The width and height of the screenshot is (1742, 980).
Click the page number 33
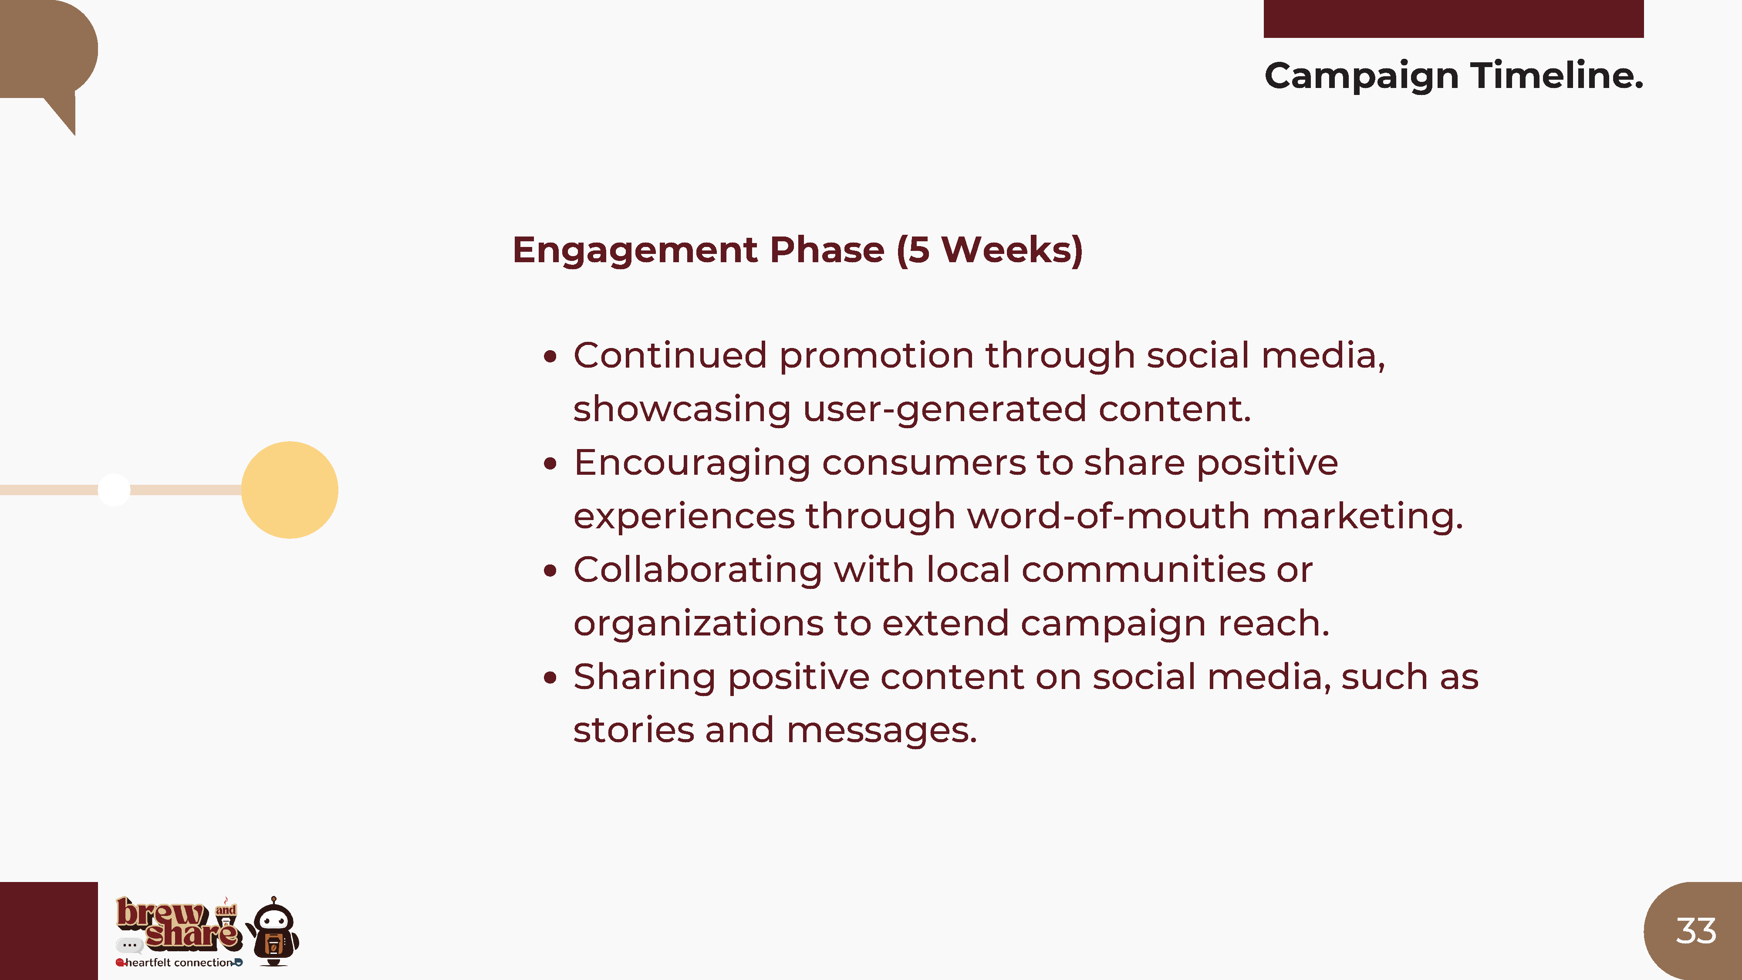tap(1695, 931)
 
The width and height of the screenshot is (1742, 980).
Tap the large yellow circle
tap(290, 490)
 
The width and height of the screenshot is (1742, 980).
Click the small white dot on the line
tap(114, 490)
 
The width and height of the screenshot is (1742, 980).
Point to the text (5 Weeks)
tap(990, 250)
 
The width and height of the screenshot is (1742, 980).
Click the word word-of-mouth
tap(1109, 516)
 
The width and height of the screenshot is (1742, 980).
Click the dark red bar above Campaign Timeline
tap(1453, 19)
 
